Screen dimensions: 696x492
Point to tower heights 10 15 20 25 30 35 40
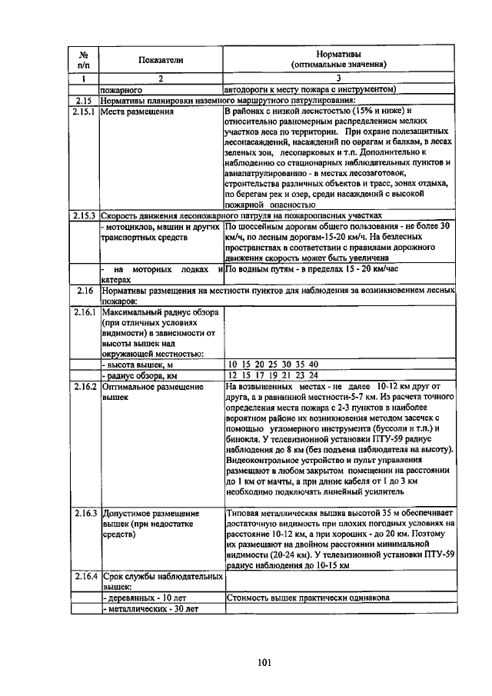272,365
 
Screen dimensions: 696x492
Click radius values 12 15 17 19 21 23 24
272,375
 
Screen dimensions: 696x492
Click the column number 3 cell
338,78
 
